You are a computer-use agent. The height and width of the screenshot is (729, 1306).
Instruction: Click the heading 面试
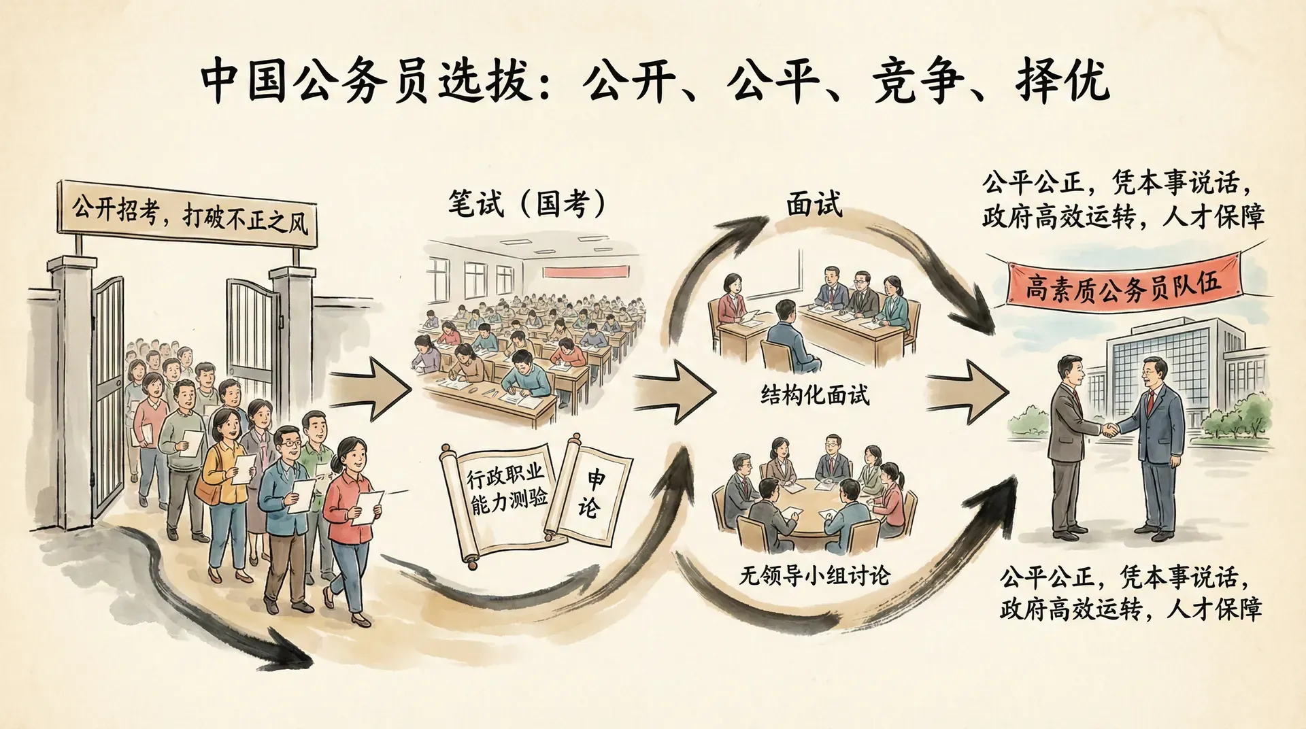[x=814, y=203]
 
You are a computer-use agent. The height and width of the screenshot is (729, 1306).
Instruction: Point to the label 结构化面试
[x=814, y=395]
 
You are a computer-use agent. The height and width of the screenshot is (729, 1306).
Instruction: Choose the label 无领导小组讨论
[x=814, y=576]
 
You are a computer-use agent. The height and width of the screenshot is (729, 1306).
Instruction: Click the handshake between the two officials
[x=1110, y=429]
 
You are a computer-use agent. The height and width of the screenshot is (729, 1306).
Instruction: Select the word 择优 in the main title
[x=1062, y=82]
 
